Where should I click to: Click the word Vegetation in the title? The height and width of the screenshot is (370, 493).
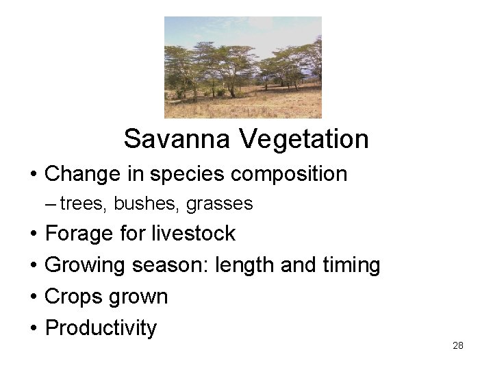304,139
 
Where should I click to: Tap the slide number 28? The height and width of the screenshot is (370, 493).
458,345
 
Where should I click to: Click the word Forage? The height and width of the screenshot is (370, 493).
79,234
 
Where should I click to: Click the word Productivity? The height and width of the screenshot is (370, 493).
101,328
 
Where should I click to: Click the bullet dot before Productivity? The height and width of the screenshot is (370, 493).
34,328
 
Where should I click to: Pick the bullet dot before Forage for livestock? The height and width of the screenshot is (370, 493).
34,234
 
